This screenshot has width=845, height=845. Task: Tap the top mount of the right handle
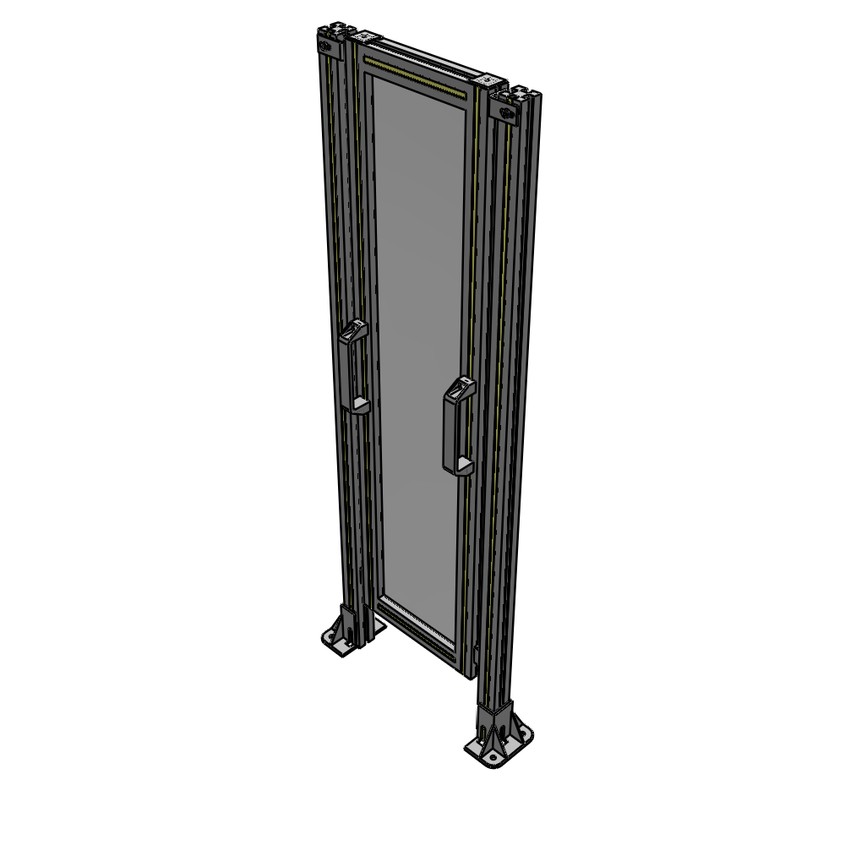[461, 390]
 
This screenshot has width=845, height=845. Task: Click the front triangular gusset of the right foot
[485, 728]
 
